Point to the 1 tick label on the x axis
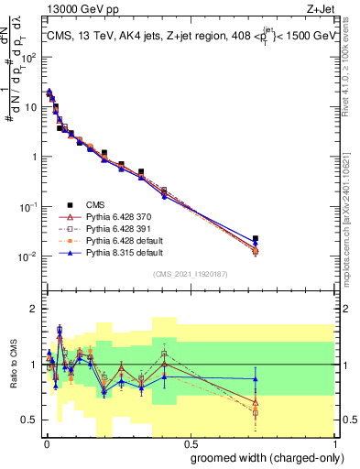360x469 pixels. pyautogui.click(x=333, y=443)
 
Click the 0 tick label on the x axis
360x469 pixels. pyautogui.click(x=46, y=443)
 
